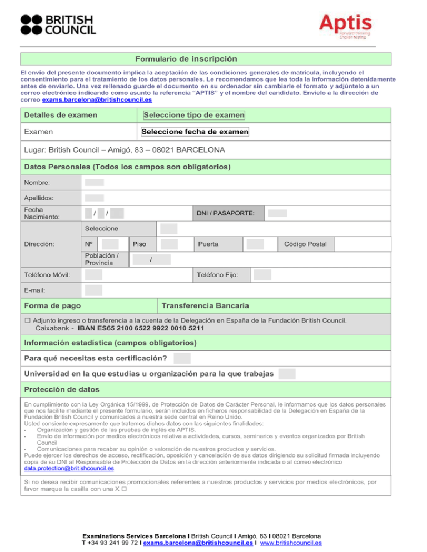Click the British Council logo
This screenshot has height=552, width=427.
click(58, 25)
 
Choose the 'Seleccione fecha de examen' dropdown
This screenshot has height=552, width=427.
click(195, 132)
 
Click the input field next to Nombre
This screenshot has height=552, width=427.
click(95, 182)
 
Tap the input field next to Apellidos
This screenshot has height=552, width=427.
click(95, 198)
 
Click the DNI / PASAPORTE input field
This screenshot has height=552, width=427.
click(277, 213)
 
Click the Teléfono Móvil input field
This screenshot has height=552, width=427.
click(94, 274)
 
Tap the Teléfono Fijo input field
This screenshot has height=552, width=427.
click(262, 274)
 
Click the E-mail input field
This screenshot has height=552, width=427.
click(94, 289)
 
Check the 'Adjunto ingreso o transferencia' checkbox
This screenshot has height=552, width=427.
click(27, 320)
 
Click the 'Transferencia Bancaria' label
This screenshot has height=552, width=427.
click(205, 306)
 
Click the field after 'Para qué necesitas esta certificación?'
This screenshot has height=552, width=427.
click(182, 358)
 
